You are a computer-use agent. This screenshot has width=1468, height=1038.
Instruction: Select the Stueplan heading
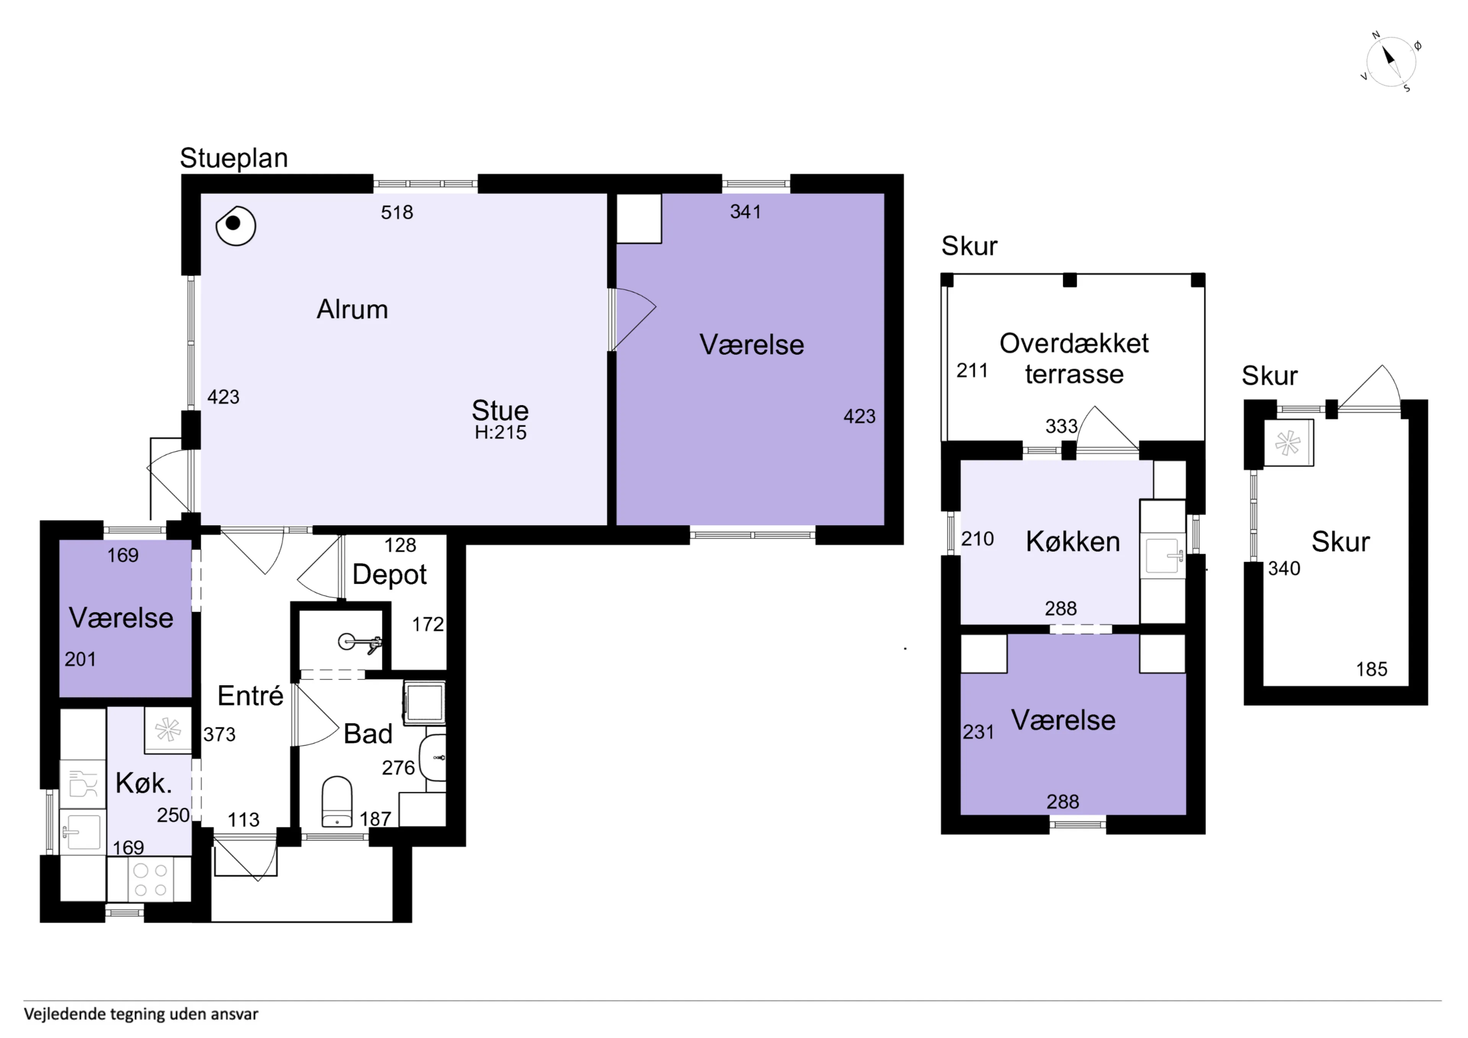point(234,158)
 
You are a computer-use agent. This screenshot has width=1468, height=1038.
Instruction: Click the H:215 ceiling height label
point(501,432)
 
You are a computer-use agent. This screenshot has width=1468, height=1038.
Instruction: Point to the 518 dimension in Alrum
point(397,212)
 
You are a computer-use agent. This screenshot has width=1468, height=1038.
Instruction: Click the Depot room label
point(390,574)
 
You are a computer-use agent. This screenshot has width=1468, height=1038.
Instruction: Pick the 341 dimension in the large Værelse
point(745,212)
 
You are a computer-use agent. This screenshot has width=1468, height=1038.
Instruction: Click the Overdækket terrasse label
point(1074,359)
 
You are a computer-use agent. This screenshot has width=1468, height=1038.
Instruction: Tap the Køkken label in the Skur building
point(1073,542)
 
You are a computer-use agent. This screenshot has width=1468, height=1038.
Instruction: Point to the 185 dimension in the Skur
point(1372,669)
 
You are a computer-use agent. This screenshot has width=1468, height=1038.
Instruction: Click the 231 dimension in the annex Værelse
point(978,732)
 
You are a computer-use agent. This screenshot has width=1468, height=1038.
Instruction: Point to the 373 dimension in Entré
point(219,734)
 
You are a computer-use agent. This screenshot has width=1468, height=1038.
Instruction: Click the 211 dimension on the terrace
point(972,370)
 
